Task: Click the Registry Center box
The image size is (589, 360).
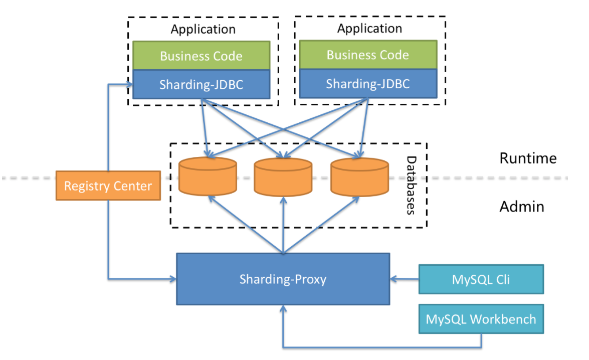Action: [108, 186]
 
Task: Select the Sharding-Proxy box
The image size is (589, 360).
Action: [283, 279]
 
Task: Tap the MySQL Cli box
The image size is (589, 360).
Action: [481, 279]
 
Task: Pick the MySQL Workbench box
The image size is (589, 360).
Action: [481, 319]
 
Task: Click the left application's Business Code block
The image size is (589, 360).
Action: [201, 55]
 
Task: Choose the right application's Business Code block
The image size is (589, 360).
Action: [368, 54]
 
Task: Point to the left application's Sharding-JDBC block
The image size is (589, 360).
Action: [201, 84]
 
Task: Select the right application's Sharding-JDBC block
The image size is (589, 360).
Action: [368, 83]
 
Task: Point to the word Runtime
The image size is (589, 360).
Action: [528, 158]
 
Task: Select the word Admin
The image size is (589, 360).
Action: [522, 206]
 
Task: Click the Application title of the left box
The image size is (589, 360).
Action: [203, 29]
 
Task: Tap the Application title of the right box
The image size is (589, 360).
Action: [369, 28]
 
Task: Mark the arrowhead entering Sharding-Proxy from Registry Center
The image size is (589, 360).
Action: [172, 278]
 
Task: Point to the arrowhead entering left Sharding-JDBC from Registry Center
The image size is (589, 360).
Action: [129, 84]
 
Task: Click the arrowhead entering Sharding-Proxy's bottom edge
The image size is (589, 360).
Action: [284, 308]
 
